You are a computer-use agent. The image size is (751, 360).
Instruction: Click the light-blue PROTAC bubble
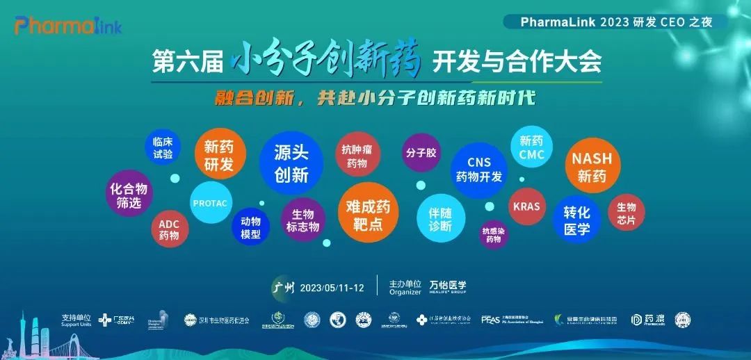pyautogui.click(x=210, y=203)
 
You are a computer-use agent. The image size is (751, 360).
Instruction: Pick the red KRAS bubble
pyautogui.click(x=526, y=206)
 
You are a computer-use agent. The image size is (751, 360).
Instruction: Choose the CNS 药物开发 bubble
pyautogui.click(x=478, y=170)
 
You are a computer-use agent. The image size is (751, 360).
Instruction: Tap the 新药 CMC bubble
pyautogui.click(x=531, y=147)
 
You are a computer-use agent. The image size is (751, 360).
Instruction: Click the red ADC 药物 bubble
pyautogui.click(x=169, y=230)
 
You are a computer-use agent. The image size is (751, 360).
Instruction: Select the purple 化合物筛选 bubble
pyautogui.click(x=129, y=195)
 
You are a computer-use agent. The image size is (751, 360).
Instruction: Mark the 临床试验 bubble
pyautogui.click(x=163, y=148)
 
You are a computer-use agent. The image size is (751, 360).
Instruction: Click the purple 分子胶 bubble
pyautogui.click(x=421, y=152)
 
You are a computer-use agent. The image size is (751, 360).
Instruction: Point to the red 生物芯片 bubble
pyautogui.click(x=626, y=213)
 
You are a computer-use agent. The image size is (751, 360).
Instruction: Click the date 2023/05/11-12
pyautogui.click(x=333, y=288)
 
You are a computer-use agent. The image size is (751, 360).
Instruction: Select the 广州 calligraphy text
pyautogui.click(x=284, y=287)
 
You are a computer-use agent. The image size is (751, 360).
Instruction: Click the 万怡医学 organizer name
pyautogui.click(x=447, y=286)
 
